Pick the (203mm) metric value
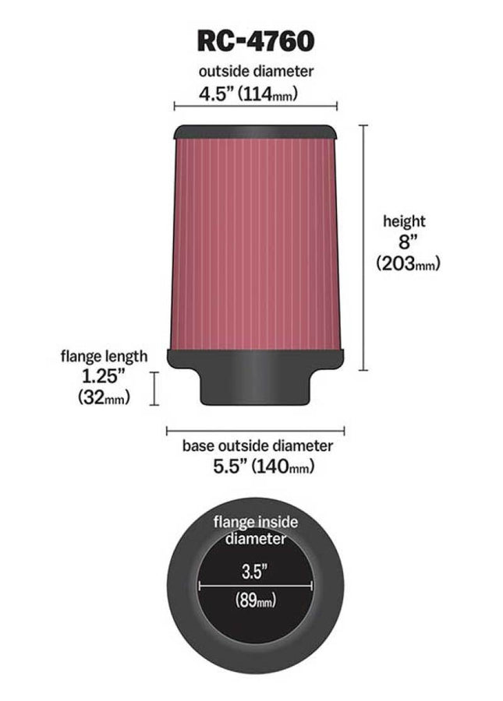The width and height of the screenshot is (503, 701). coord(408,263)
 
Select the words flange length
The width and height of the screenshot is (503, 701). coord(104,357)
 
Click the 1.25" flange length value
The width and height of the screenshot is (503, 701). coord(104,376)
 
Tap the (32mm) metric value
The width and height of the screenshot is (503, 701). coord(104,397)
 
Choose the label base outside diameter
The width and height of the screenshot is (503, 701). coord(257,446)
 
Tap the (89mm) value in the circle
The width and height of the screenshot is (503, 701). coord(254,601)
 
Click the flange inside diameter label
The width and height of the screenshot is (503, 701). coord(254,530)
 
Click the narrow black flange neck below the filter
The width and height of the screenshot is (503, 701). coord(255,387)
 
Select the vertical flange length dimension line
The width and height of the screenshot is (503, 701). coord(155,388)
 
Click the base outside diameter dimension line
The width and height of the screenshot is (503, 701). coord(255,429)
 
